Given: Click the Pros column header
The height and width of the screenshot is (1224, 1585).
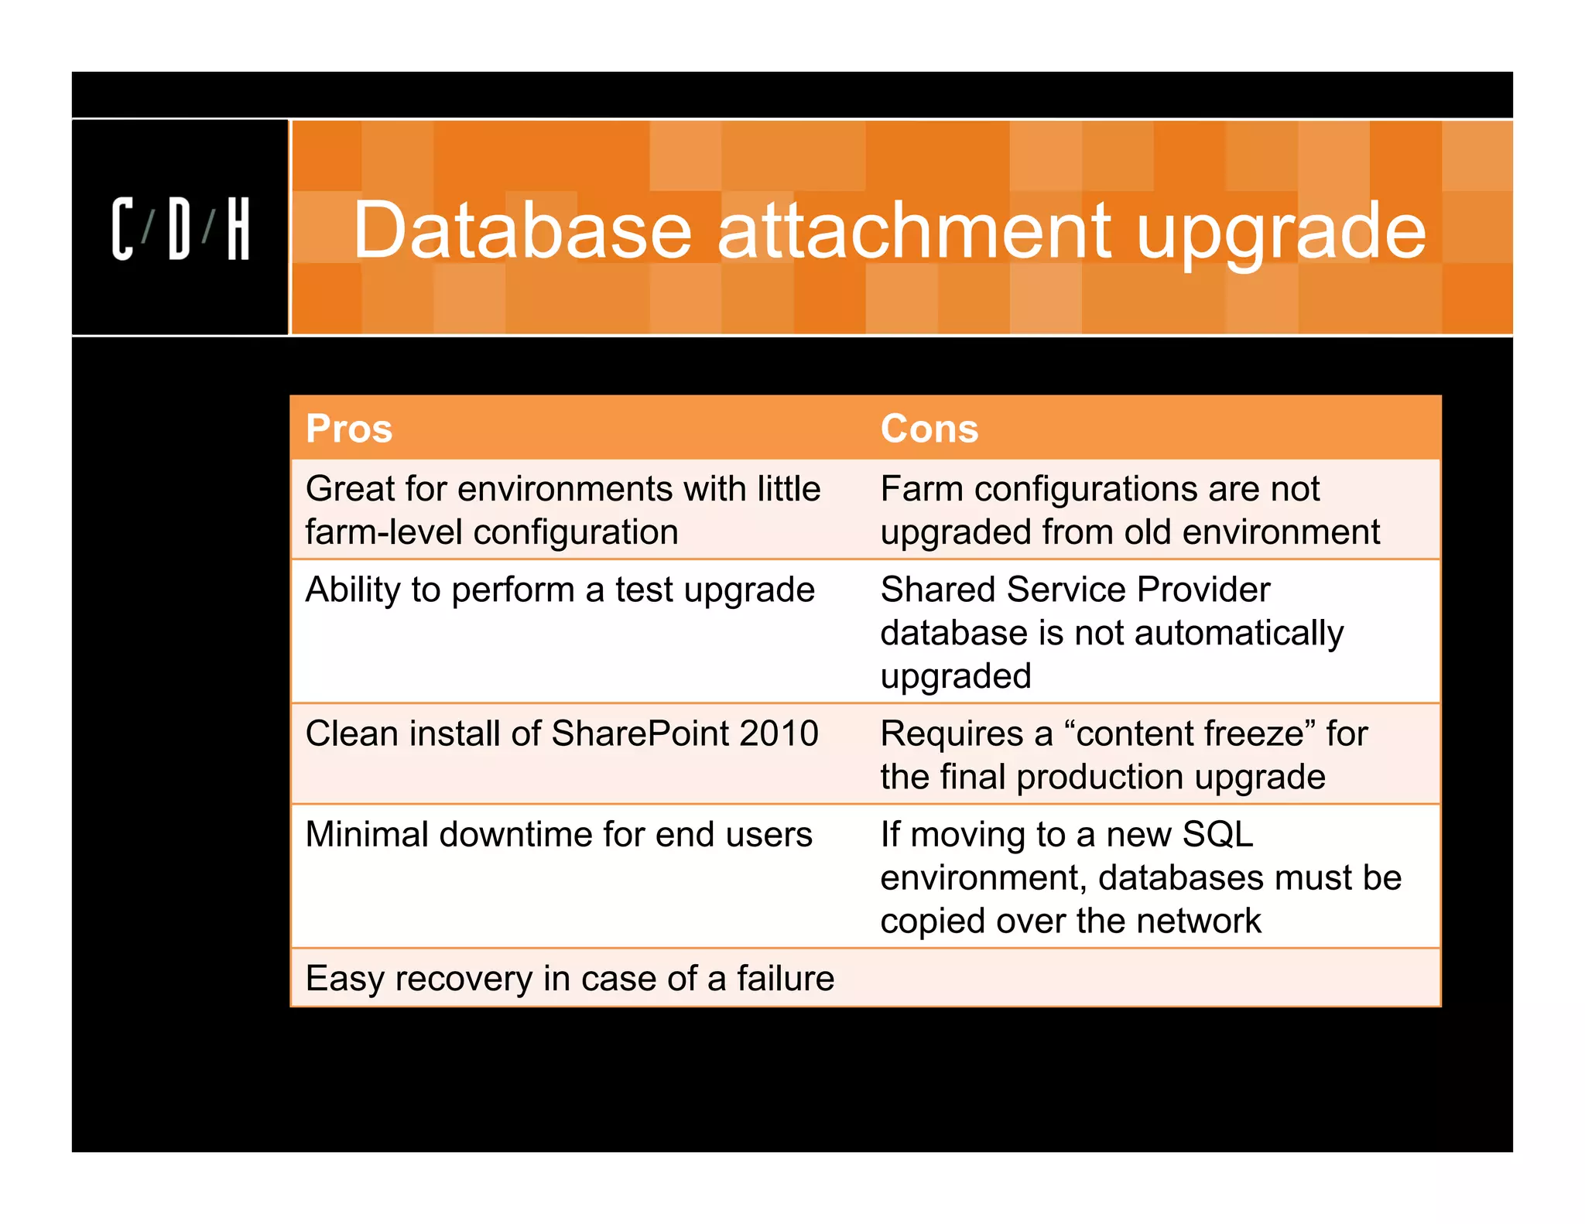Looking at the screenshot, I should tap(349, 429).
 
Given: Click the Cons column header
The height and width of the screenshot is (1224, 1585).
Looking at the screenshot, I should tap(929, 429).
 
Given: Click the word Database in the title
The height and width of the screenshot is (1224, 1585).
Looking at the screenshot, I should tap(522, 230).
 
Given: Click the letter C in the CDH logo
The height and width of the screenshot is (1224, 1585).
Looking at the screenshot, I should tap(122, 229).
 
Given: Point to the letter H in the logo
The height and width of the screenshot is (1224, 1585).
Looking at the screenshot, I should tap(238, 229).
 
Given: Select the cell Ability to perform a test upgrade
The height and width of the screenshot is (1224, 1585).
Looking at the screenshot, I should tap(560, 590).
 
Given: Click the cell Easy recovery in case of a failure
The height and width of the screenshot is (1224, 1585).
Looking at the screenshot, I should tap(570, 979).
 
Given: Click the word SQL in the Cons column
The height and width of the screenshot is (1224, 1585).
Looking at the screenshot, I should tap(1217, 835).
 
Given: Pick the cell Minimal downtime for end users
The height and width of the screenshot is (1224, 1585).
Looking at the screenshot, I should tap(559, 835).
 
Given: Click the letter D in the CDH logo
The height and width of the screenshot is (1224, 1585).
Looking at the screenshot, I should tap(179, 229).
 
